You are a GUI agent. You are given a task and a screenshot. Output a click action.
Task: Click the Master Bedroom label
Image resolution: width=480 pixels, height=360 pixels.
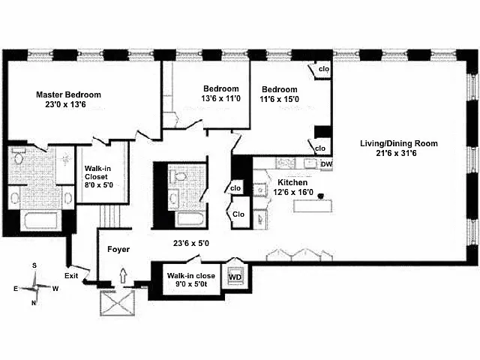(69, 95)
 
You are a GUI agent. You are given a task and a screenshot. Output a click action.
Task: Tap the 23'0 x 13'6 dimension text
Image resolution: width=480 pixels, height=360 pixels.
(69, 106)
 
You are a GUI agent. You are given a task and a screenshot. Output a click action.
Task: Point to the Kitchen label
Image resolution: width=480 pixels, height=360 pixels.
(292, 182)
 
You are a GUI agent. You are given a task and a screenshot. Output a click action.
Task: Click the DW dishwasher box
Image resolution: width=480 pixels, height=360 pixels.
(327, 165)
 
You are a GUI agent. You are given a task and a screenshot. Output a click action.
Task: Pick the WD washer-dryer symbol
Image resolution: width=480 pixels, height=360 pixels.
(235, 276)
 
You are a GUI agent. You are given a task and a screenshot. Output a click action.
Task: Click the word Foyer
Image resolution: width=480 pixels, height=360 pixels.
(118, 249)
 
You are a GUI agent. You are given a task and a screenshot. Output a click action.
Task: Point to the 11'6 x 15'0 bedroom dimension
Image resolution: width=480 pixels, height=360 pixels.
(280, 98)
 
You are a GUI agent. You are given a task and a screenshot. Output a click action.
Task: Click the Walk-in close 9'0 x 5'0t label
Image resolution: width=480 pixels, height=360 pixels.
(191, 280)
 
